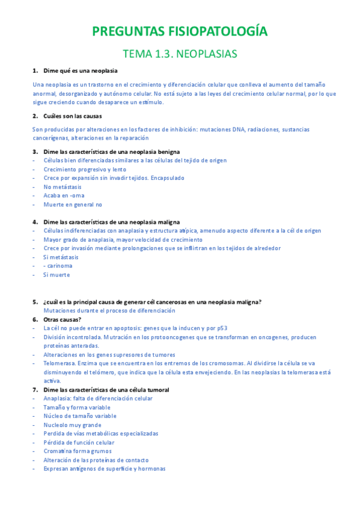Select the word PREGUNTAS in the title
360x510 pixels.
tap(124, 31)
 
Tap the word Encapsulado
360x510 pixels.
tap(168, 178)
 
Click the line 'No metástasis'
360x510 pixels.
tap(63, 187)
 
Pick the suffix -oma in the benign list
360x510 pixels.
tap(77, 195)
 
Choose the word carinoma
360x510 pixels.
tap(60, 266)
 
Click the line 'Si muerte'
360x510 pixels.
tap(56, 275)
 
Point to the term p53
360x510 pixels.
tap(222, 328)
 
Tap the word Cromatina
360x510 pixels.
tap(59, 451)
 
